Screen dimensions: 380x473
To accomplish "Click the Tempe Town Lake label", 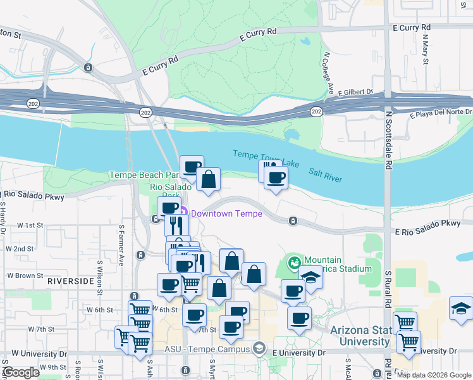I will tap(266, 158).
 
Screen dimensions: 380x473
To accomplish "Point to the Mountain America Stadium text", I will tap(337, 264).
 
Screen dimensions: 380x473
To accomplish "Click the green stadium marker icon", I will tap(294, 261).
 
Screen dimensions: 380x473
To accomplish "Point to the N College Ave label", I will tap(328, 72).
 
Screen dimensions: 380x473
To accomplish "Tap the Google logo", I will tap(21, 372).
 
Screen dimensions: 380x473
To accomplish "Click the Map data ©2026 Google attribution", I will tap(433, 375).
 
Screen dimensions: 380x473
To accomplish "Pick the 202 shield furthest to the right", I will tap(316, 111).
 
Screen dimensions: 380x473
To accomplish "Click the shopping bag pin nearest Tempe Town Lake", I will tap(208, 180).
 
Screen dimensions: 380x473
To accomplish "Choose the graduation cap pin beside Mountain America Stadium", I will tap(310, 276).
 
